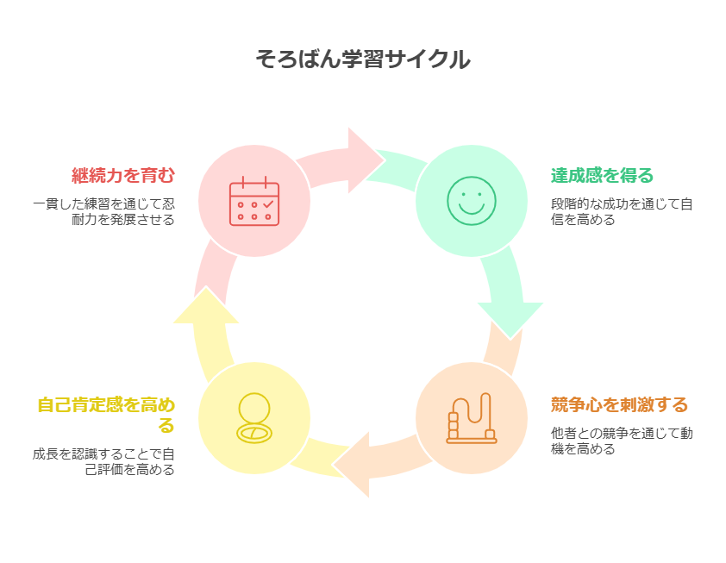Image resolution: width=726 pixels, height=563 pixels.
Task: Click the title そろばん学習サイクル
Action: point(363,59)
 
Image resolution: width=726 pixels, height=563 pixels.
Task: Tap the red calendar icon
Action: point(254,202)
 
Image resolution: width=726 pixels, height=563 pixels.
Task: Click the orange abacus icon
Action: point(472,418)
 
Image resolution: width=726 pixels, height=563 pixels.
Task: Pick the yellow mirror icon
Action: point(254,418)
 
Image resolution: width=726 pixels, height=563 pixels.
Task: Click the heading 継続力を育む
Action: point(123,176)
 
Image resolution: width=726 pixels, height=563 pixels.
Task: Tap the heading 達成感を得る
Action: point(603,176)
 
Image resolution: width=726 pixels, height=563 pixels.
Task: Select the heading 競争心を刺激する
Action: point(620,404)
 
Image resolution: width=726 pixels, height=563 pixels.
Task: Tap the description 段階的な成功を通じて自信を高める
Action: point(622,212)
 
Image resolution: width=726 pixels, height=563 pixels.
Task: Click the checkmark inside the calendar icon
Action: point(267,204)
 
